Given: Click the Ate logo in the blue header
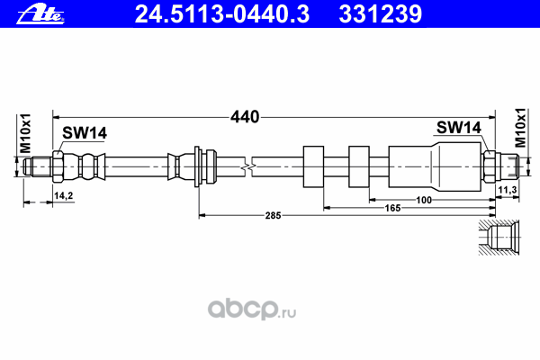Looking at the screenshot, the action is pos(40,14).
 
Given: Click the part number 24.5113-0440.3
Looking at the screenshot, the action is pos(222,14).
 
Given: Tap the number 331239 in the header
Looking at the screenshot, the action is pos(380,14).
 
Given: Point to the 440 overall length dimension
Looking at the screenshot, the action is pos(245,117).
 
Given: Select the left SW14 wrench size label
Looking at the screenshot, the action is pos(85,133).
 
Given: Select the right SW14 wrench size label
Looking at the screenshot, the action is pos(459,128).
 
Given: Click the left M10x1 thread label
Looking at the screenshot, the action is pos(26,133).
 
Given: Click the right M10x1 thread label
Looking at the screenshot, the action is pos(520,128).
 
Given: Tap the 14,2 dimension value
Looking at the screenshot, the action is pos(63,195).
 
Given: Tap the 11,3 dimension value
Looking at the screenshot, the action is pos(508,190).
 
